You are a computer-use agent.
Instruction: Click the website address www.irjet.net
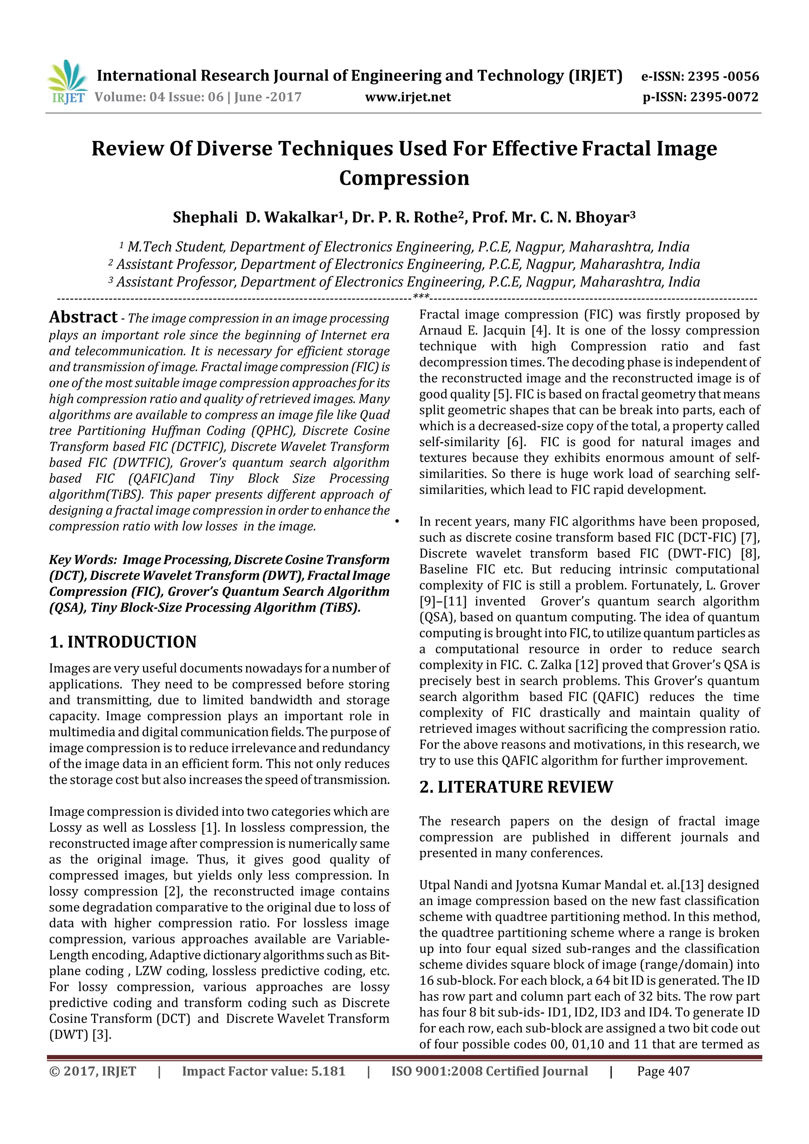(x=408, y=97)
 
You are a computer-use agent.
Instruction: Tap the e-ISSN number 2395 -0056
(x=723, y=77)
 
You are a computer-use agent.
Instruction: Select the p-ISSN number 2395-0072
(x=724, y=97)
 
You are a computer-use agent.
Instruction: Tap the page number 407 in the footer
(x=679, y=1071)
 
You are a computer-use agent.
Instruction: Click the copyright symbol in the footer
(x=54, y=1071)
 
